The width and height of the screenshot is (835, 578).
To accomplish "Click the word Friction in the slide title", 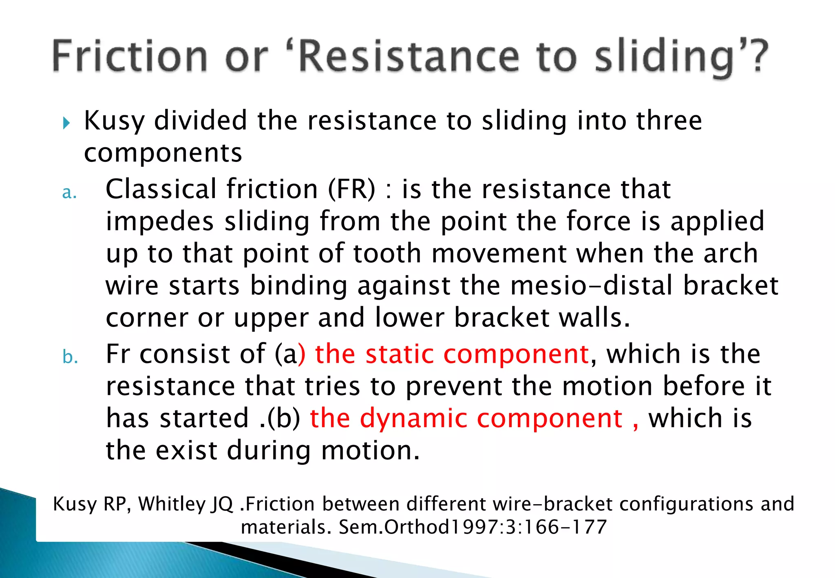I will tap(130, 56).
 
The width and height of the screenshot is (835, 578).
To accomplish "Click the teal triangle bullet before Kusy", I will tap(67, 123).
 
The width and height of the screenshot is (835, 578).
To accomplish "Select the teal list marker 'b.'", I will tap(70, 357).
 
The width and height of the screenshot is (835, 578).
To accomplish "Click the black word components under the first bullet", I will tap(163, 153).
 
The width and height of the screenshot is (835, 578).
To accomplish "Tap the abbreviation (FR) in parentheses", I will tap(351, 189).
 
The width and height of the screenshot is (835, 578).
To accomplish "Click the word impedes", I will tap(160, 222).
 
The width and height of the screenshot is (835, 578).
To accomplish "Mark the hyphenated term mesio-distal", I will tap(591, 285).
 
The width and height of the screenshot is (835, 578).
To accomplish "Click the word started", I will tap(204, 418).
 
